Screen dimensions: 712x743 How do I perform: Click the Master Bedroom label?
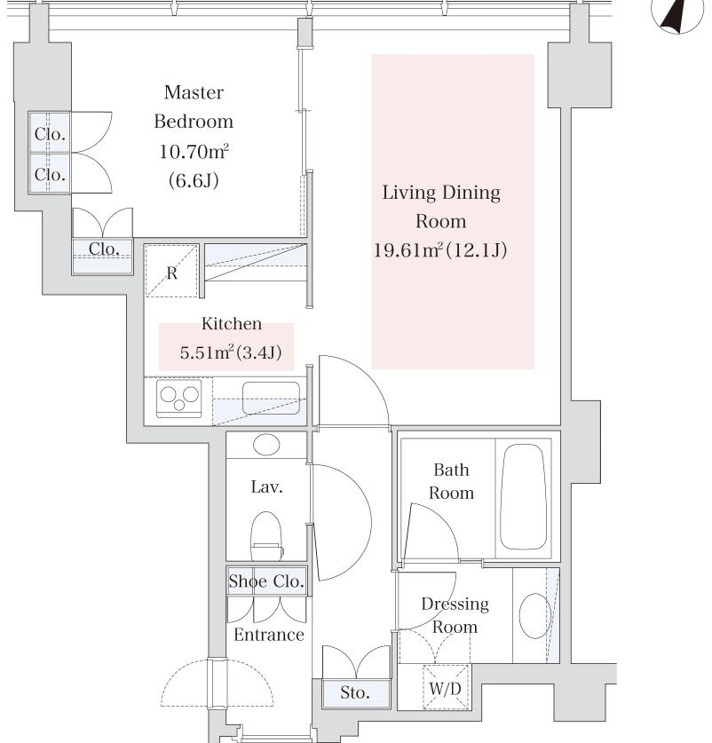(x=194, y=107)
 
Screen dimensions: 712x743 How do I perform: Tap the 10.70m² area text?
(x=194, y=152)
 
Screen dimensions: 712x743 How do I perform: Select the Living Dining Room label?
(x=441, y=207)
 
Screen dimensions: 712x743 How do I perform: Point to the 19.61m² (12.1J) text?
(x=440, y=249)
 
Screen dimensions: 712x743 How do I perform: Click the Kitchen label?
(x=232, y=324)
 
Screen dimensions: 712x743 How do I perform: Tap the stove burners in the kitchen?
(x=179, y=399)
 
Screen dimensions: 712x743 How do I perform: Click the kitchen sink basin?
(x=271, y=398)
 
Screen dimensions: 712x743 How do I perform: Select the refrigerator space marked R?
(x=171, y=271)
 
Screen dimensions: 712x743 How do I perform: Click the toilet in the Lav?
(x=266, y=536)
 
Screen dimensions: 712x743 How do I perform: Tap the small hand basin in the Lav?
(x=266, y=445)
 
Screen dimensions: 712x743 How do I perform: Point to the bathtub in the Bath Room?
(x=523, y=496)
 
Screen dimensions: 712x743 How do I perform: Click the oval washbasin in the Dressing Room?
(x=535, y=615)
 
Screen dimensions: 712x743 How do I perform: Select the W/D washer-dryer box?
(x=445, y=688)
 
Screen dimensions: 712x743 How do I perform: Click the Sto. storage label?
(x=355, y=692)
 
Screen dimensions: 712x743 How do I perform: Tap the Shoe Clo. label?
(x=266, y=581)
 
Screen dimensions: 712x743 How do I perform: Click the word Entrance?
(x=269, y=635)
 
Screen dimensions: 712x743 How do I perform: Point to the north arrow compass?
(x=677, y=14)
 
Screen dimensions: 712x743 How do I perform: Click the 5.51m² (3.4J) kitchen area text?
(x=231, y=352)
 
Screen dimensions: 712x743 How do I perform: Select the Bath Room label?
(x=451, y=481)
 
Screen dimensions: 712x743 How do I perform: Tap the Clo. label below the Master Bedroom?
(x=104, y=249)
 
